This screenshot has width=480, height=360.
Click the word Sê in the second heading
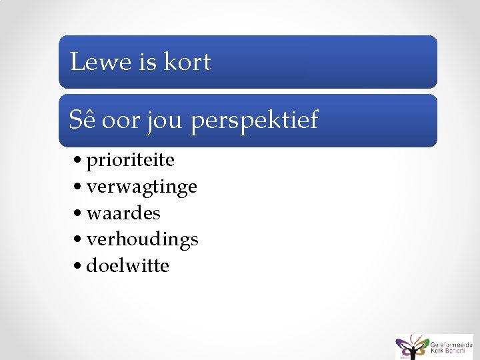pos(81,121)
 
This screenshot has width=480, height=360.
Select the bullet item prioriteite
pos(130,161)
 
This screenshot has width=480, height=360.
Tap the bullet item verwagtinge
pos(141,187)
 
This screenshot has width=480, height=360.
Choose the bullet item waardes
pos(123,213)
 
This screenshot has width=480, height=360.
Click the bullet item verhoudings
pos(142,239)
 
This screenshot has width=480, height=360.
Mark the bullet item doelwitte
pos(127,265)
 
